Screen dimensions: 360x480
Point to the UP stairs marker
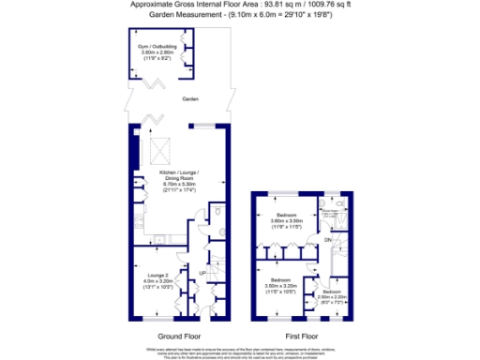[202, 273]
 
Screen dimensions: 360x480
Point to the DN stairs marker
[327, 242]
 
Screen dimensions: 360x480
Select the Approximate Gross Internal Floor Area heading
[240, 5]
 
